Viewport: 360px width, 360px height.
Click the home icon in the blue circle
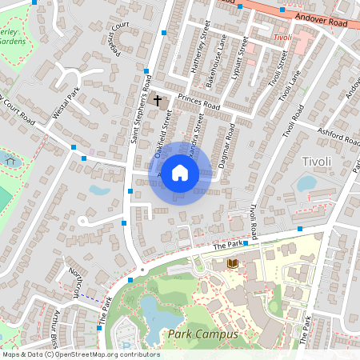[x=180, y=172]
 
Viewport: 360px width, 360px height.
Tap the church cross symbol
[x=158, y=101]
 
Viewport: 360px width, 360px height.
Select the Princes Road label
[x=198, y=102]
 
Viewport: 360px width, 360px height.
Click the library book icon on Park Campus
[x=232, y=263]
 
